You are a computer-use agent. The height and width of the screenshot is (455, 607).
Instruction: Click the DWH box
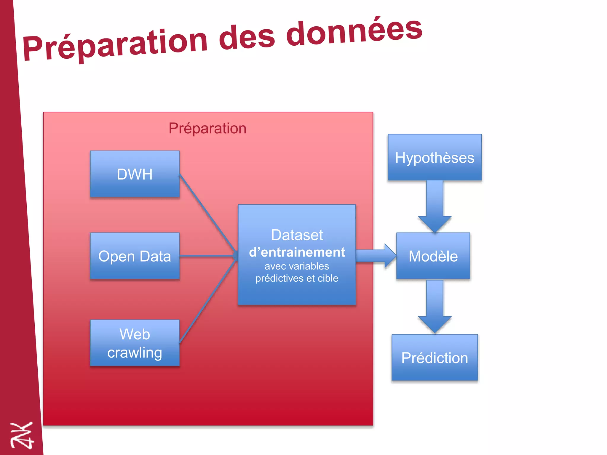coord(135,174)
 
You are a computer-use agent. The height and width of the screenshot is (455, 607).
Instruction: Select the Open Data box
coord(135,256)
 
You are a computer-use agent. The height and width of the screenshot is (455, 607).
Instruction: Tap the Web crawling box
coord(135,343)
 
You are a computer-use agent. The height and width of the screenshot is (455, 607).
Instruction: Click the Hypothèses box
coord(435,157)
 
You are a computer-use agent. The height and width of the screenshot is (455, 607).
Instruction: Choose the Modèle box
coord(433,256)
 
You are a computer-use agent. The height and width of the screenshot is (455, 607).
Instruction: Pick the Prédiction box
coord(435,358)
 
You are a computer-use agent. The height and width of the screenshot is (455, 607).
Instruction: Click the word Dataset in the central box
coord(297,235)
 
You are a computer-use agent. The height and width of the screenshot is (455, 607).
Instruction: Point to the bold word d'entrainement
coord(297,252)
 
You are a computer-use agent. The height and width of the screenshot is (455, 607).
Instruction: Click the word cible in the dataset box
coord(328,278)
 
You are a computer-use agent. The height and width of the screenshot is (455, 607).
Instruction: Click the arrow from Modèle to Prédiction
coord(435,307)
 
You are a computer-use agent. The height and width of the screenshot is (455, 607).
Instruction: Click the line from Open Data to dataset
coord(207,256)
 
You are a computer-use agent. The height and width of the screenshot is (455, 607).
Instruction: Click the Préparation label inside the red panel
coord(207,128)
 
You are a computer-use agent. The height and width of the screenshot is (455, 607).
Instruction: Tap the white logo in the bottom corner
coord(22,435)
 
